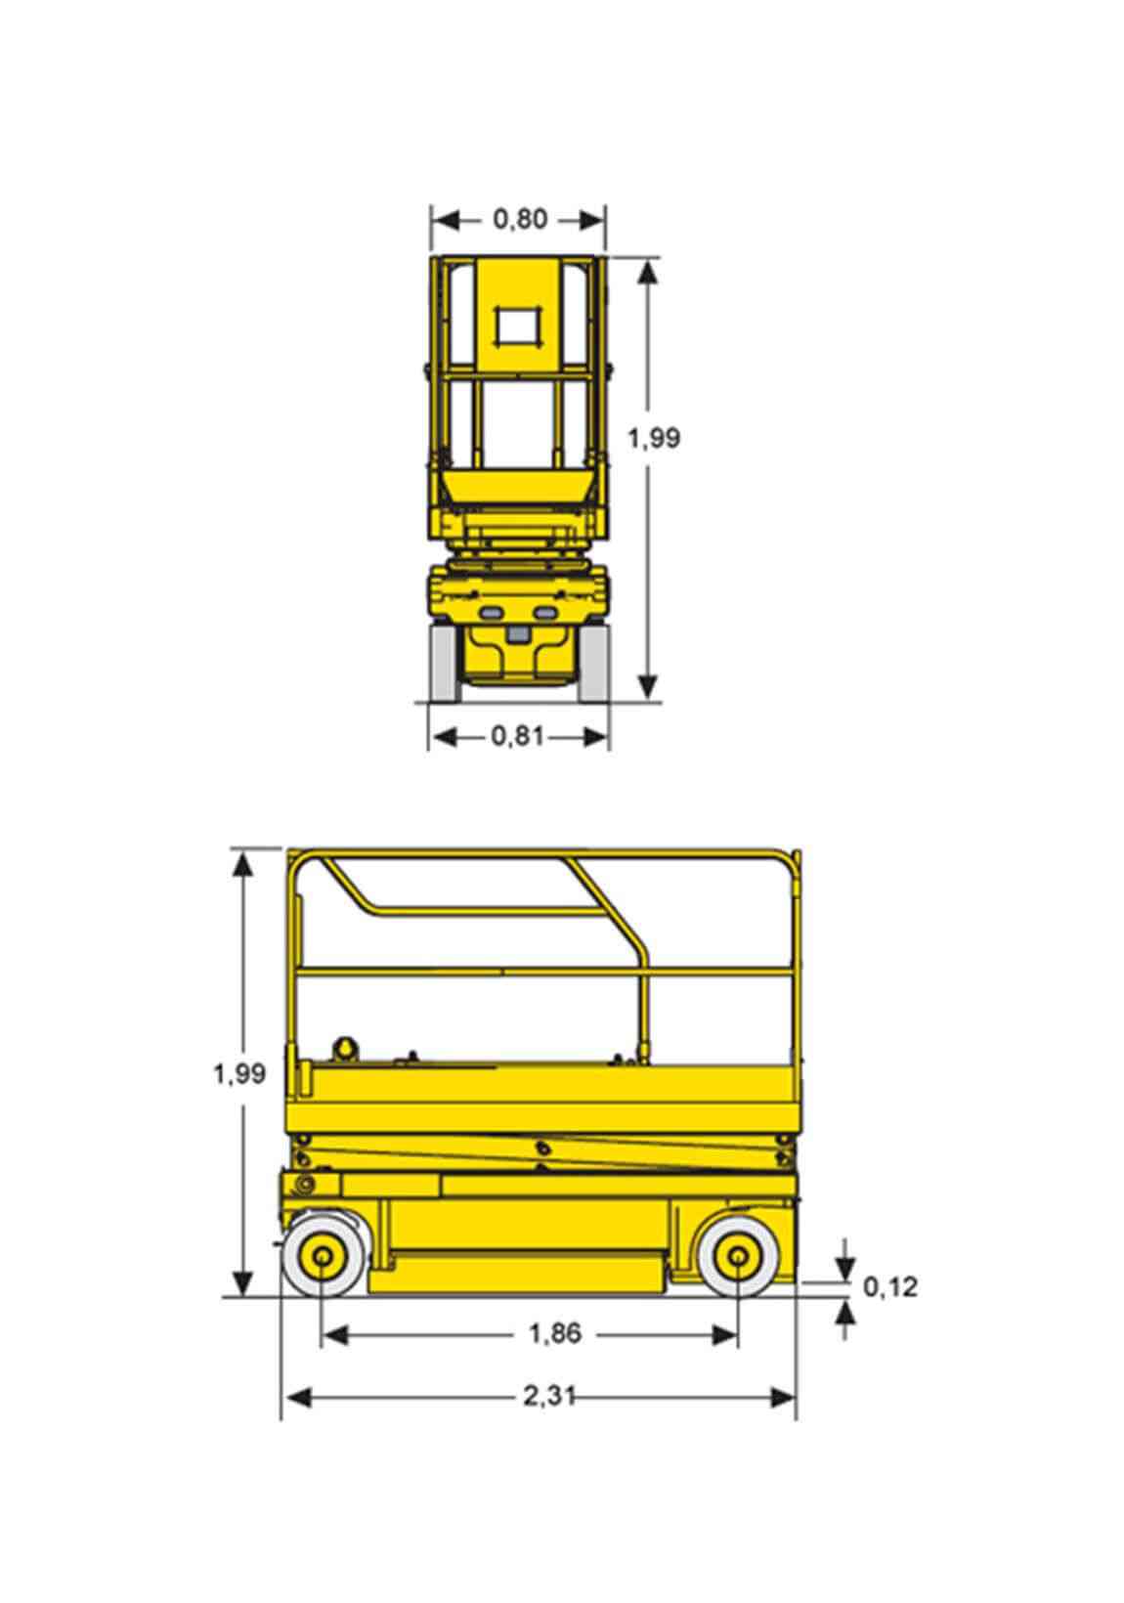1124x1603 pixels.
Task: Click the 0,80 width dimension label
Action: click(520, 219)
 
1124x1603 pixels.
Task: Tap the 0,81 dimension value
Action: click(517, 736)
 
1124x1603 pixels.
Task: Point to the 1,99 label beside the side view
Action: click(239, 1073)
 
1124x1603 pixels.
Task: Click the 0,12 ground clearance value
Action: click(890, 1286)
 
